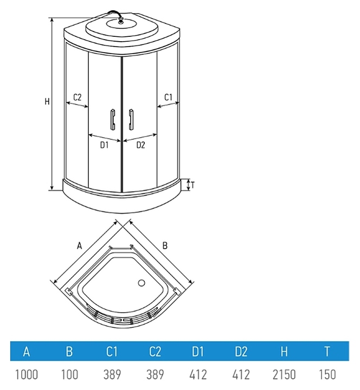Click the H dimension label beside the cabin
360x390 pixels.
click(47, 101)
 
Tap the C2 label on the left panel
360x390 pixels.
click(78, 97)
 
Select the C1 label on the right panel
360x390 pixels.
click(168, 97)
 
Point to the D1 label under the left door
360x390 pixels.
click(104, 145)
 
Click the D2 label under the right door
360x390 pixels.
click(140, 145)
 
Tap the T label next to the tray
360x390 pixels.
click(192, 185)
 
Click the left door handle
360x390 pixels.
click(113, 119)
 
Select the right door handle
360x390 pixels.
click(131, 119)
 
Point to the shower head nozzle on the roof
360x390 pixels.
click(121, 21)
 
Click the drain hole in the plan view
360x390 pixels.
click(142, 283)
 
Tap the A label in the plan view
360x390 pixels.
click(79, 246)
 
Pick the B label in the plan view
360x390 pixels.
click(165, 245)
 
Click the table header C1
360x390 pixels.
click(112, 351)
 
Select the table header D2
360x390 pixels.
click(241, 351)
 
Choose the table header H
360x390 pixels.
click(284, 351)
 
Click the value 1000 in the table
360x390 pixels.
click(27, 375)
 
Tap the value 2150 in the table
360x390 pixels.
click(284, 375)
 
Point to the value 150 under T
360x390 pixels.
click(327, 375)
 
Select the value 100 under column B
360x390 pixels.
click(70, 375)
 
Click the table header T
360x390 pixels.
click(327, 351)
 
